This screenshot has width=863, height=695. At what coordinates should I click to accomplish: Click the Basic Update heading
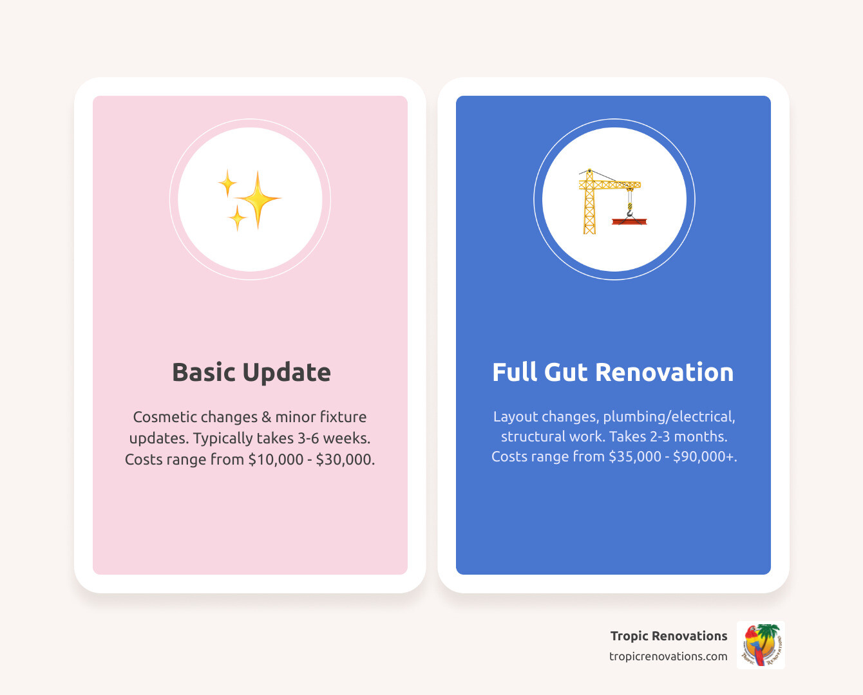[x=251, y=373]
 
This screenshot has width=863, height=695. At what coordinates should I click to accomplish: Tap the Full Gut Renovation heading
[x=612, y=373]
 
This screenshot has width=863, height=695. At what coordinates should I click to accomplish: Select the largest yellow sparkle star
[x=258, y=199]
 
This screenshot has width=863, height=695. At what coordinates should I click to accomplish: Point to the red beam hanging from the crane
[x=629, y=221]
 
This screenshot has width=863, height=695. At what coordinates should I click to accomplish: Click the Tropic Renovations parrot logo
[x=761, y=645]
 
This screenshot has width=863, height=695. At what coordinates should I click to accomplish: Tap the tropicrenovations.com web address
[x=668, y=656]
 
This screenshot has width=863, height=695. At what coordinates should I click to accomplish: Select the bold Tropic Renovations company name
[x=669, y=636]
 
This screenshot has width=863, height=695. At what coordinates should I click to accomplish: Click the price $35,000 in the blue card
[x=635, y=456]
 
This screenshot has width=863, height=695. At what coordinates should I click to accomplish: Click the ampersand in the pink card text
[x=267, y=417]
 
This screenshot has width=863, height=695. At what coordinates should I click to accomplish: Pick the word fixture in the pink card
[x=343, y=417]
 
